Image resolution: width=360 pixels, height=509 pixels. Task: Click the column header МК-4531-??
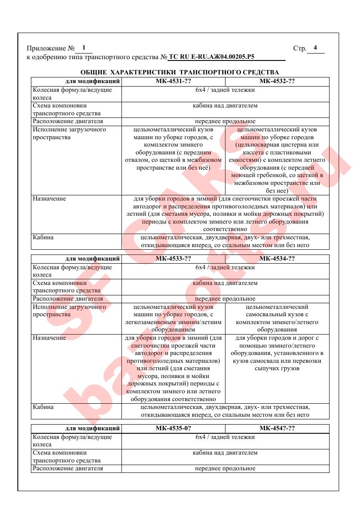coord(173,81)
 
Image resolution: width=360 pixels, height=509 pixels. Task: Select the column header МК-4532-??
coord(277,81)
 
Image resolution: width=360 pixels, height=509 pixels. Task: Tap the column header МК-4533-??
coord(173,258)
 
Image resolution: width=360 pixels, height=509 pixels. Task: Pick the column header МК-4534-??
coord(277,258)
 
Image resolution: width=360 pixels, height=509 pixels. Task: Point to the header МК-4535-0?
coord(173,428)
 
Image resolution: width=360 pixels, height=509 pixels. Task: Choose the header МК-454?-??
coord(277,428)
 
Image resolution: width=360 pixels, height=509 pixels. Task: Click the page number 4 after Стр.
coord(315,48)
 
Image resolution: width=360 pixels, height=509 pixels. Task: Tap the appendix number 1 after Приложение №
coord(84,48)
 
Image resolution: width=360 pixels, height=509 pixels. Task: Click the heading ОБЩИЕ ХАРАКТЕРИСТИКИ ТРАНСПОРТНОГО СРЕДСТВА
coord(180,72)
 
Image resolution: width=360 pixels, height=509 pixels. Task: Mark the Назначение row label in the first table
coord(49,199)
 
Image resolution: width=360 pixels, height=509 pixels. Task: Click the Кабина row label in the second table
coord(43,407)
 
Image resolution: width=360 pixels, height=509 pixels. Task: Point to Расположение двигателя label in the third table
coord(67,469)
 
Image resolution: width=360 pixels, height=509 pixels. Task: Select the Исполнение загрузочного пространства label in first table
coord(69,134)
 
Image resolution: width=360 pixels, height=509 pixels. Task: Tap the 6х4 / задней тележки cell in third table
coord(225,437)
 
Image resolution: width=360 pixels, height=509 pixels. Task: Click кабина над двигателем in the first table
coord(225,106)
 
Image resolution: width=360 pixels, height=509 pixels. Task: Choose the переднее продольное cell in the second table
coord(225,299)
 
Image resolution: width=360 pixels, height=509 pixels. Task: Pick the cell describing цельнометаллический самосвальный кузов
coord(277,318)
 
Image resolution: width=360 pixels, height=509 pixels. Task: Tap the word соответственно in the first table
coord(225,229)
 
